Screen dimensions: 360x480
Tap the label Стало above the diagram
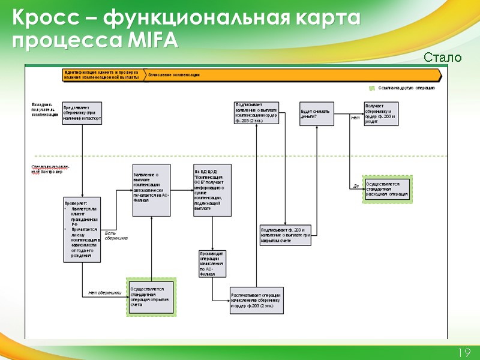point(443,58)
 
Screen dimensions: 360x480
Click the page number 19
point(463,353)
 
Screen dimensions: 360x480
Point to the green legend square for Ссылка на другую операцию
point(372,88)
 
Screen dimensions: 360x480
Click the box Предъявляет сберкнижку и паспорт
point(82,113)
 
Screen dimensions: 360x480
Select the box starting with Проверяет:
point(82,229)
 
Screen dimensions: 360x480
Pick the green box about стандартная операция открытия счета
point(151,296)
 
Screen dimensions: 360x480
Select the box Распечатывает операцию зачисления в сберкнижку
point(256,300)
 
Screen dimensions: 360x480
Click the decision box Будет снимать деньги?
point(317,114)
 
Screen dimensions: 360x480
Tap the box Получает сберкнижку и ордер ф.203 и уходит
point(380,113)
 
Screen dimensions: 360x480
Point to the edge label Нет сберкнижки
point(104,292)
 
